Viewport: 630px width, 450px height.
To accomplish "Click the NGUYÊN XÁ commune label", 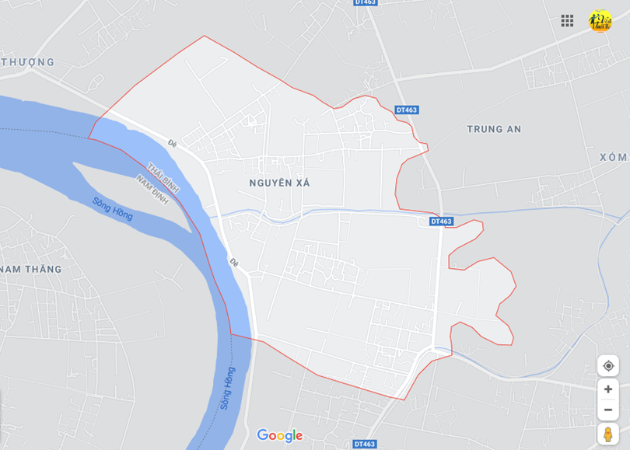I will (x=280, y=183).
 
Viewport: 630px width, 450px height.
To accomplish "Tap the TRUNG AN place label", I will (x=494, y=129).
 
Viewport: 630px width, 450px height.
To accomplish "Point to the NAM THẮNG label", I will (x=30, y=269).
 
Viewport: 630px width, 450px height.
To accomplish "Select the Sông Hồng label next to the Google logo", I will (x=226, y=388).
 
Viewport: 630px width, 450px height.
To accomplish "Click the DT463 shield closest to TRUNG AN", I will (x=407, y=110).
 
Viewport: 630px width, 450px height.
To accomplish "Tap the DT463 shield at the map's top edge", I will (x=365, y=3).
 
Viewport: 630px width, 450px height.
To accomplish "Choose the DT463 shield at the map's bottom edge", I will (x=365, y=444).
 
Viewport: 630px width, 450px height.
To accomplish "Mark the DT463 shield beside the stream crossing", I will (x=441, y=222).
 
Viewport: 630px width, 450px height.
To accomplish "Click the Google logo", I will (x=279, y=435).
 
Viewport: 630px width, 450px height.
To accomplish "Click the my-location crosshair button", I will (x=608, y=366).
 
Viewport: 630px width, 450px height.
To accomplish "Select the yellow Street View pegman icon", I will (x=608, y=434).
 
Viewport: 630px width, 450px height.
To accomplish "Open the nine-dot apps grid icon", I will (x=567, y=21).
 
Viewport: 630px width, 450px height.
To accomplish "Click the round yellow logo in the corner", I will (x=600, y=21).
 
